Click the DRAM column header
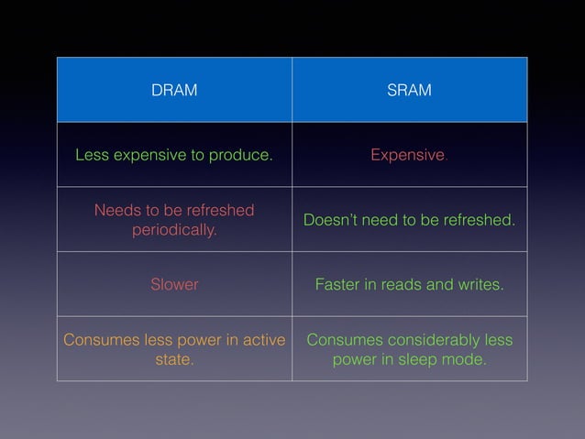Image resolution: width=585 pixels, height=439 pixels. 174,91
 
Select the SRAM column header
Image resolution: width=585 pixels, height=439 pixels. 409,91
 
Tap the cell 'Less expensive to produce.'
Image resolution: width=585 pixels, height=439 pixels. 174,155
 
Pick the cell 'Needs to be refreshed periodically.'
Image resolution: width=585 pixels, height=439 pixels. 174,220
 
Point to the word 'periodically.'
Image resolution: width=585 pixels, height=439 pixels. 174,229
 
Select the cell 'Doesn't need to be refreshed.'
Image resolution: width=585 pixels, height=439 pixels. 409,220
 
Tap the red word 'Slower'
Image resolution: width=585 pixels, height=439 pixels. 174,285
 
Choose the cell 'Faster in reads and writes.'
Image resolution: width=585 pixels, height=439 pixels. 409,285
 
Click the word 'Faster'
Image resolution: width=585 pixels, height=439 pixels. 337,285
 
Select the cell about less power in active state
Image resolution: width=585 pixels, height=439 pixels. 174,349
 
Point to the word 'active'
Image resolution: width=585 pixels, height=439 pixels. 263,340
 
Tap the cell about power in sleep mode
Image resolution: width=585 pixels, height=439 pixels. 409,349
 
